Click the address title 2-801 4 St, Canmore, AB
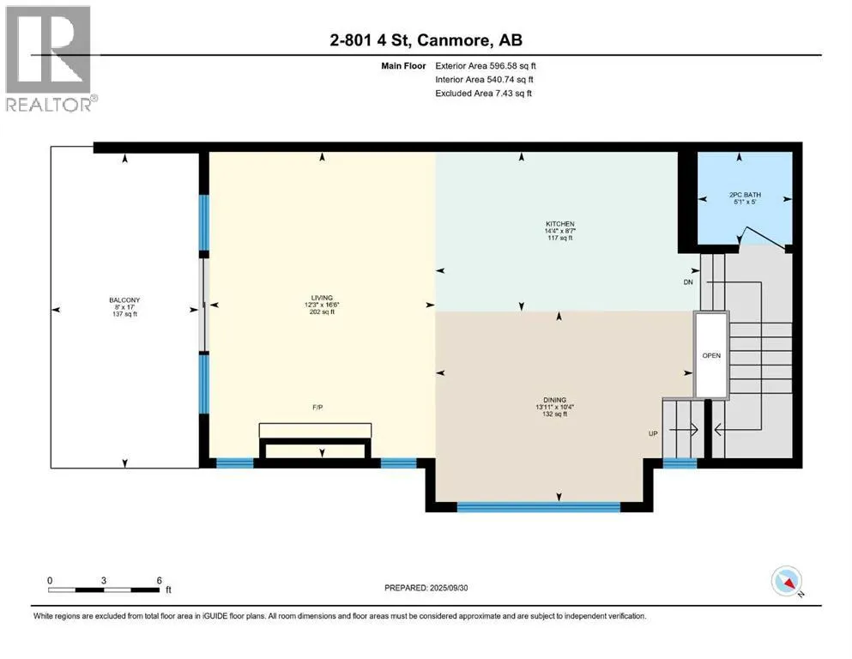(x=426, y=39)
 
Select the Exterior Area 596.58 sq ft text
(x=486, y=66)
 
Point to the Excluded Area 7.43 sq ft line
(x=484, y=94)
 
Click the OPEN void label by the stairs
(x=711, y=355)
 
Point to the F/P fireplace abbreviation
(x=317, y=407)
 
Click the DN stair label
(x=688, y=282)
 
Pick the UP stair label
(x=653, y=433)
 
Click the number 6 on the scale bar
(x=160, y=580)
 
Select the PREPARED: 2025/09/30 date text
(x=426, y=588)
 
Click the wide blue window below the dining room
(x=539, y=507)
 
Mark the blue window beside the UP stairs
(x=680, y=463)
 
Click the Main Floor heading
(x=403, y=66)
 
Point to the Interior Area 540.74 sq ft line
(x=484, y=79)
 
